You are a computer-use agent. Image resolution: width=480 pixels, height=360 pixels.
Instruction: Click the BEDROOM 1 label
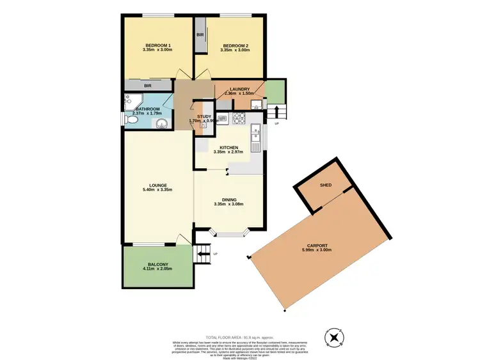(158, 45)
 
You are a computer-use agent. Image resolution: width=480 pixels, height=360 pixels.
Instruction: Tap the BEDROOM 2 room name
(235, 45)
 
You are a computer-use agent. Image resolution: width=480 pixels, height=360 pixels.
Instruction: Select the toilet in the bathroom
(131, 119)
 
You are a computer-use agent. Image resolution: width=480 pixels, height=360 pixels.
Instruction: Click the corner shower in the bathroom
(133, 100)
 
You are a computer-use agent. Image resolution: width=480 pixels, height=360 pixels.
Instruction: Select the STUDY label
(204, 116)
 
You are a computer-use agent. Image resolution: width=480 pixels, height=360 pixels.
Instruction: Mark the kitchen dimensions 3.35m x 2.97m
(228, 152)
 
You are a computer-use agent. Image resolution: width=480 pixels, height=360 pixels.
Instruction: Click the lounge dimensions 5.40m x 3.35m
(157, 190)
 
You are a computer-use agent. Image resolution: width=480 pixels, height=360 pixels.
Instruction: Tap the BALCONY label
(157, 265)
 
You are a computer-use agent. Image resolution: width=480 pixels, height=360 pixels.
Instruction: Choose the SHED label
(325, 185)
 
